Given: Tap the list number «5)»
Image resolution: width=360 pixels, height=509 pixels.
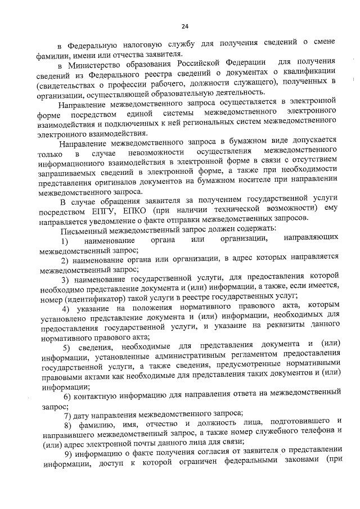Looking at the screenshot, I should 65,345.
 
